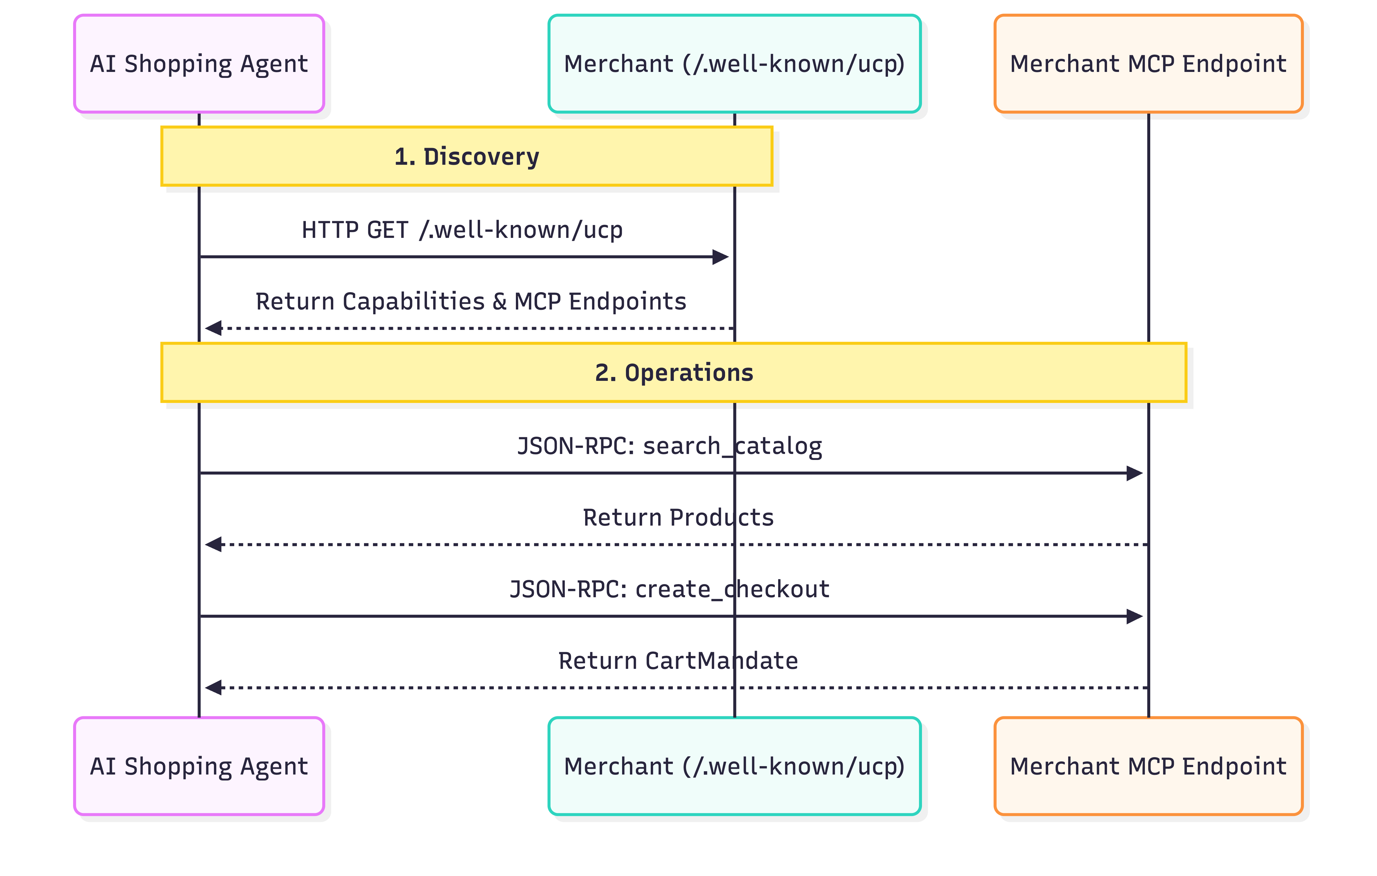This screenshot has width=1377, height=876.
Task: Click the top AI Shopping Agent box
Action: point(199,64)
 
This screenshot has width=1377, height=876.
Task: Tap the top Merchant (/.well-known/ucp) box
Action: point(734,64)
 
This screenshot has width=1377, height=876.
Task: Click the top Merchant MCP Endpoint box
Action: point(1148,64)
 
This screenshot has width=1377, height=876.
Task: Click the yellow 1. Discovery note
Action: point(467,156)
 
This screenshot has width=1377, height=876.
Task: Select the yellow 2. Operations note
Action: point(674,372)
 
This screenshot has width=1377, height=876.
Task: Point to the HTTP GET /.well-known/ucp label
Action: point(462,230)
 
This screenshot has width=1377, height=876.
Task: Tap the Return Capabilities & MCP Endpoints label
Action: point(471,301)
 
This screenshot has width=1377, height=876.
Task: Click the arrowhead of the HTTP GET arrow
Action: point(721,257)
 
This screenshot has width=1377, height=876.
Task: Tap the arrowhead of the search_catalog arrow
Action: point(1134,473)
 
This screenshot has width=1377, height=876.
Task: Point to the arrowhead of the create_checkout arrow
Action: point(1134,616)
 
